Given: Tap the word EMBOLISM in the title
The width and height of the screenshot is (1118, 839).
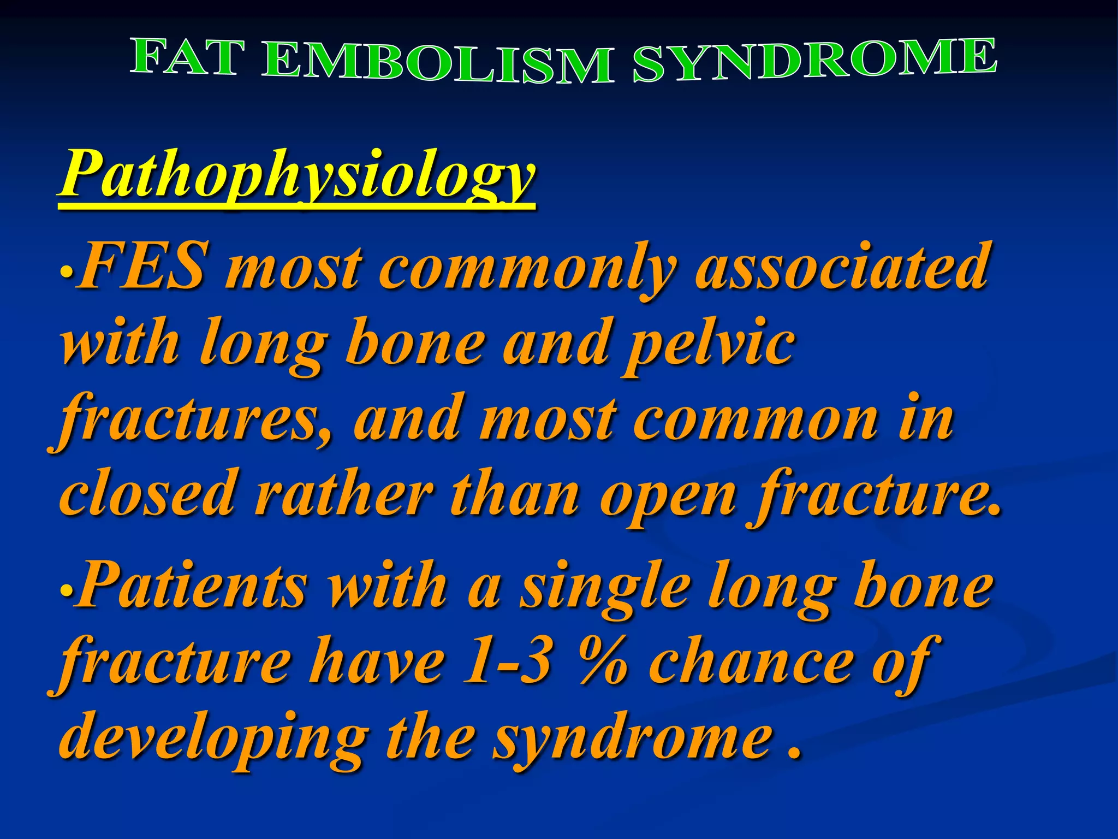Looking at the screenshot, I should click(437, 63).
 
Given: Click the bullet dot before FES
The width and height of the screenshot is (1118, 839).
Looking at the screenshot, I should click(66, 271).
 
